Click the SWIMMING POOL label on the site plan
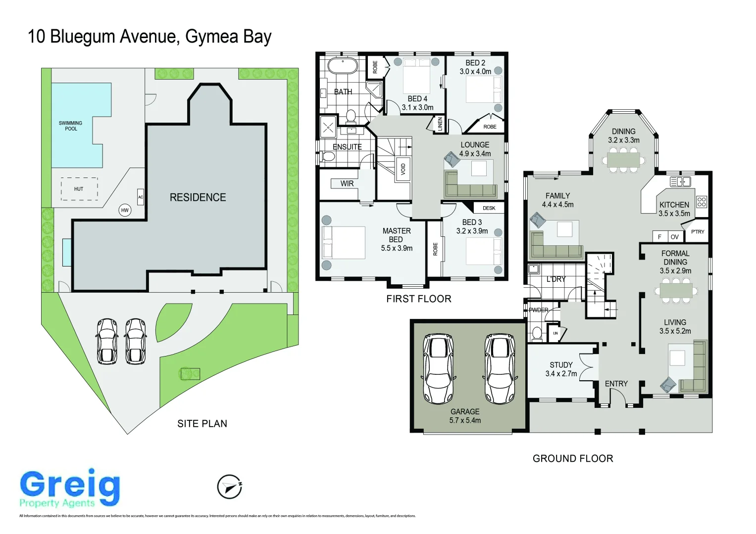71,126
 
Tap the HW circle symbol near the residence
125,210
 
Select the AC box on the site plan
141,197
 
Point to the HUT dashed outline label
79,189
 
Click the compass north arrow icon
230,487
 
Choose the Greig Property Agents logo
70,489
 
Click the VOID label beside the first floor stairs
403,169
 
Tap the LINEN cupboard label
440,124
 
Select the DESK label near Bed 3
489,208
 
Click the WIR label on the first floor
347,184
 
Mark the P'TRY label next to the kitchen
698,231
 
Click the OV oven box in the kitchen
674,237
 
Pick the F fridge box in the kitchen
659,237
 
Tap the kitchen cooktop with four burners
702,201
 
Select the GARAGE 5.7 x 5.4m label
465,416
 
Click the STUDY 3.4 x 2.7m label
561,369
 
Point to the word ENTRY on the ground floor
616,384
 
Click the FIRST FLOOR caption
419,299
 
